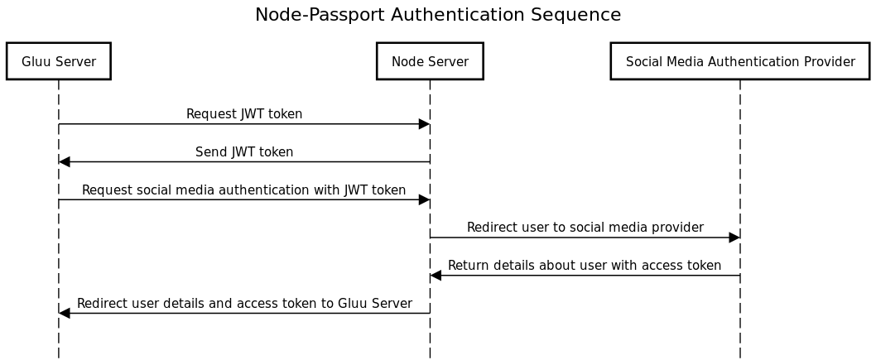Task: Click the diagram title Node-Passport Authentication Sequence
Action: click(x=437, y=15)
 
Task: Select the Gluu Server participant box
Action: click(x=58, y=61)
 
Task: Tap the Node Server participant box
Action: click(x=430, y=61)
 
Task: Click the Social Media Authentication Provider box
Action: click(x=739, y=61)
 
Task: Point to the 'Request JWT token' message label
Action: click(x=244, y=114)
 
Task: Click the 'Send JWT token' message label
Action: click(x=244, y=152)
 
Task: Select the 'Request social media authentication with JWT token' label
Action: click(x=244, y=190)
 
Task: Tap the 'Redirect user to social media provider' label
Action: click(x=585, y=228)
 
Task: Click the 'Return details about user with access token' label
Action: click(x=585, y=266)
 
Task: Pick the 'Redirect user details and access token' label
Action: click(x=244, y=304)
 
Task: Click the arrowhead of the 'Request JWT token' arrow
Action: click(x=424, y=124)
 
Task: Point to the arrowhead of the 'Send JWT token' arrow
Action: click(x=65, y=161)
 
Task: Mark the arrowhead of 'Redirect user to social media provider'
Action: click(x=734, y=238)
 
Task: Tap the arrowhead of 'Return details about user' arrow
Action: click(x=436, y=276)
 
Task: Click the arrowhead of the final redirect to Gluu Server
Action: click(x=65, y=314)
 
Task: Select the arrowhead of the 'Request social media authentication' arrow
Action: click(x=424, y=199)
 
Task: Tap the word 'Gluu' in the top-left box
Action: click(x=36, y=61)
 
